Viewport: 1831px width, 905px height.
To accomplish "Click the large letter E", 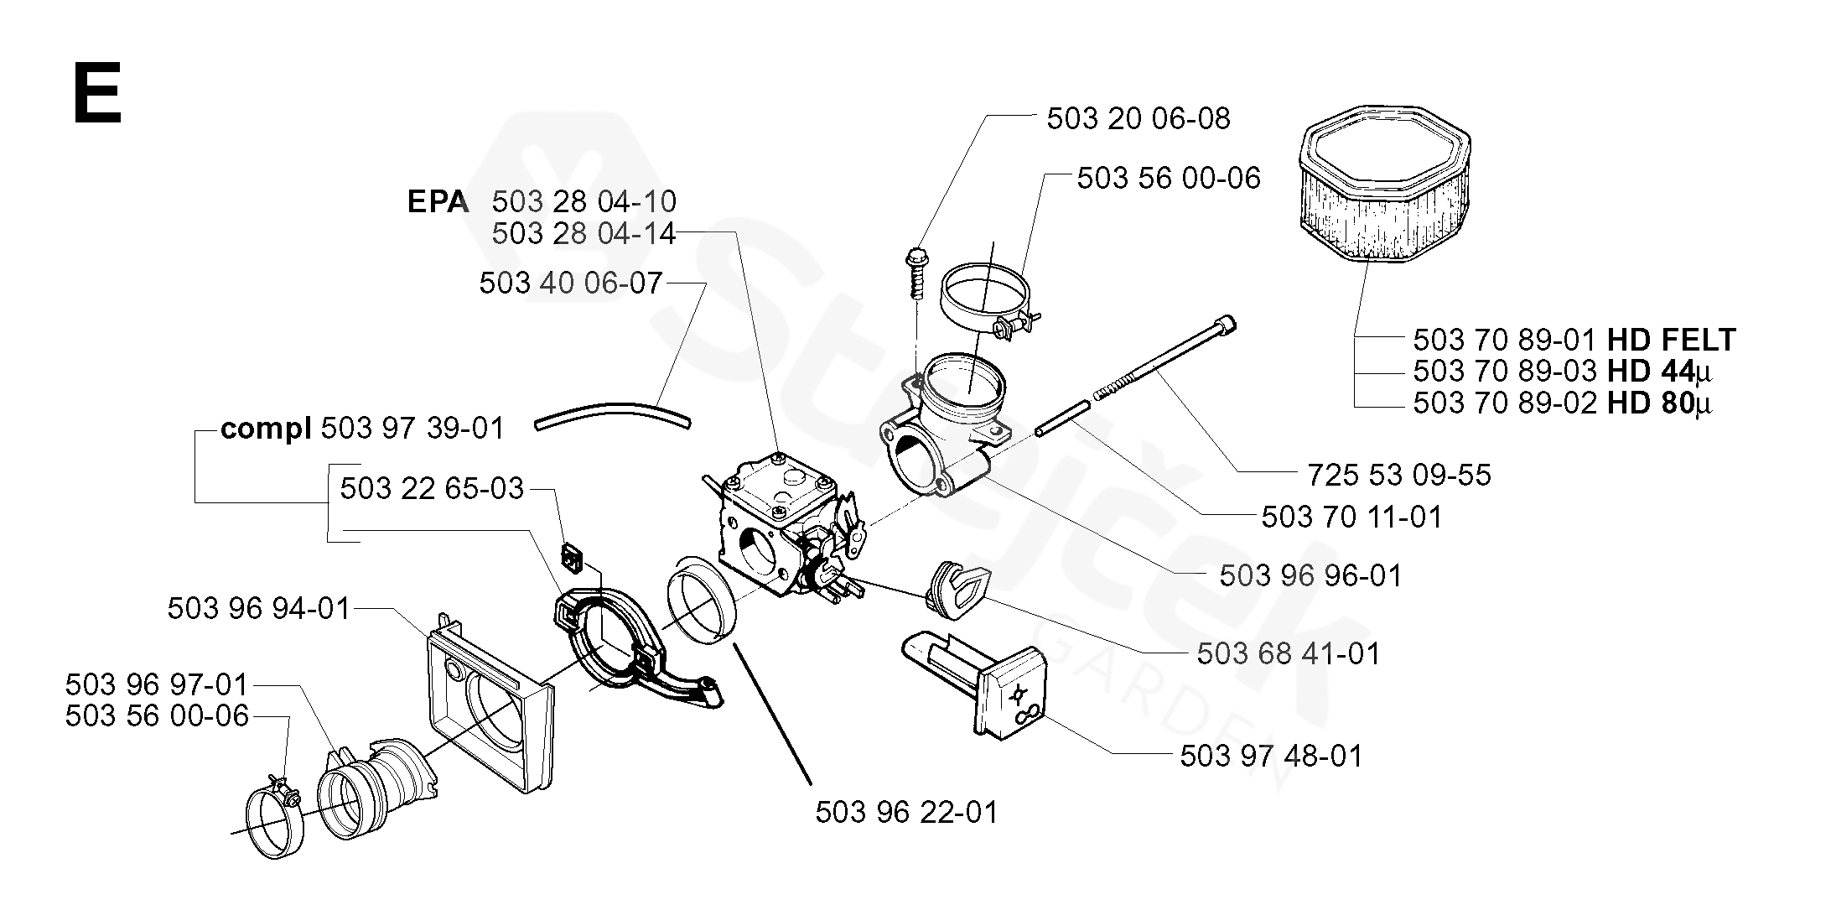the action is (x=98, y=93).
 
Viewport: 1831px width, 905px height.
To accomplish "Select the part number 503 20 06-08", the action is (x=1138, y=118).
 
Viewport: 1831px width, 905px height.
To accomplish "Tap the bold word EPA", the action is (x=438, y=202).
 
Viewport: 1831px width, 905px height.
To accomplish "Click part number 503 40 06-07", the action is (x=571, y=283).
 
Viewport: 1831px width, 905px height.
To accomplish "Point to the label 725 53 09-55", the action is (x=1399, y=475).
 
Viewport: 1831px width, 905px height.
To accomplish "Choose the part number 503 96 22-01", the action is (x=907, y=812).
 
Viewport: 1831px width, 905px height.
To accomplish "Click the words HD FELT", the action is (x=1672, y=340).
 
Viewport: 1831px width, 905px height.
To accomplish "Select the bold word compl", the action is (x=266, y=429).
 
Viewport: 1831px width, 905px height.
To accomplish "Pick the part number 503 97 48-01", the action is (x=1271, y=756).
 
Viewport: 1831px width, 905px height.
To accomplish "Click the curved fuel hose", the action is (x=612, y=413).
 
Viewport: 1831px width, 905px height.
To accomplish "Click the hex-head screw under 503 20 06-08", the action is (x=915, y=272).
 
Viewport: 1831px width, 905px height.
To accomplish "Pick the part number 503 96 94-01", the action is (x=258, y=608).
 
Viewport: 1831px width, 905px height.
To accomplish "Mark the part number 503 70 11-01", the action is (x=1352, y=517).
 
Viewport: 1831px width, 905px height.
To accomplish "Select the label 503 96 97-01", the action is (x=157, y=685).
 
